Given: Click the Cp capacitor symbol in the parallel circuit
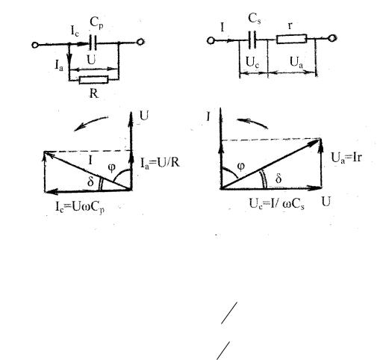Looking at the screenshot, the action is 93,43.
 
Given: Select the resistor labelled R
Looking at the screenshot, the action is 94,80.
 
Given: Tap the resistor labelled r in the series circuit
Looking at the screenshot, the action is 291,39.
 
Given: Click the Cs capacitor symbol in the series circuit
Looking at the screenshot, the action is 252,40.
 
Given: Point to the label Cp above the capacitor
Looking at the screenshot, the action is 96,23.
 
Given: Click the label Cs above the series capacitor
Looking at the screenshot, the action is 255,19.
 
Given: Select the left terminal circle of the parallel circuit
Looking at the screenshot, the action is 35,45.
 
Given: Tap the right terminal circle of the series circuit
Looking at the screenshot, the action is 332,38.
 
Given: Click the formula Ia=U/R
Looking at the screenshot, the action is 160,163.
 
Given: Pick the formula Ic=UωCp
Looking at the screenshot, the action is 80,207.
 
